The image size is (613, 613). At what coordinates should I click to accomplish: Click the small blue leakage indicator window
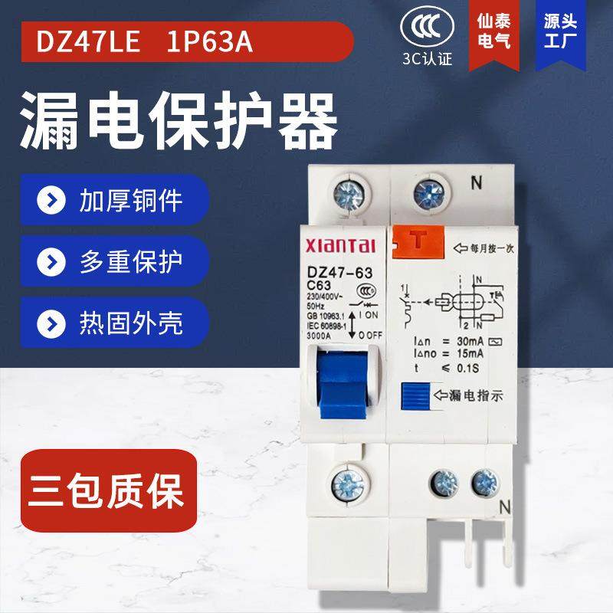415,398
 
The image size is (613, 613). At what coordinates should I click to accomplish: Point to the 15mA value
468,353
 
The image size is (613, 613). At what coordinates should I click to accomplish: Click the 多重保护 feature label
131,261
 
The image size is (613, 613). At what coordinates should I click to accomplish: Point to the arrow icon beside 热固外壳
53,322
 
